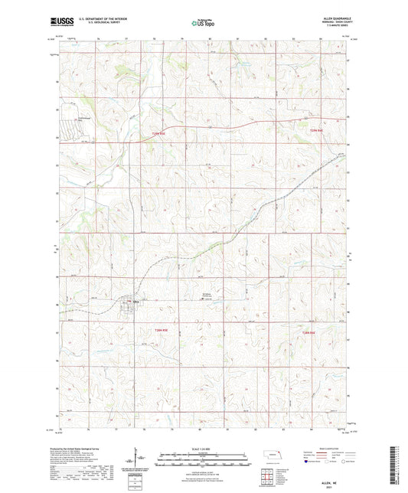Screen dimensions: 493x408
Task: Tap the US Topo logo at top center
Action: (x=201, y=24)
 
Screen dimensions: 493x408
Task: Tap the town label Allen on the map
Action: (x=136, y=301)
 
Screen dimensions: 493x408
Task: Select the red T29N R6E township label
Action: (x=317, y=132)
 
